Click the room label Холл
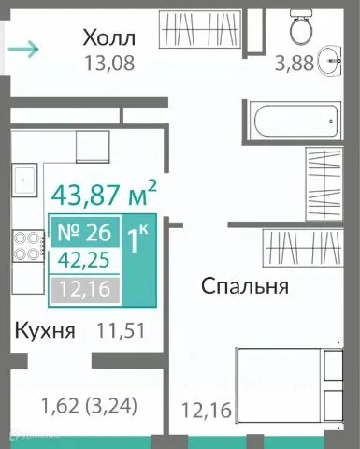(108, 38)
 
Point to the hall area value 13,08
(108, 64)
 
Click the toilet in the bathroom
(302, 29)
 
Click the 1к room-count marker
(141, 241)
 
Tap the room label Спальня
(243, 286)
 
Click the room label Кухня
(43, 330)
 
